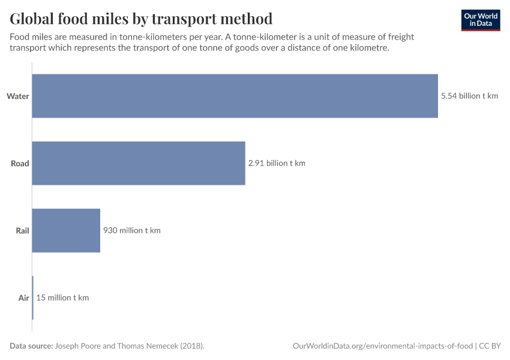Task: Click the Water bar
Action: coord(235,96)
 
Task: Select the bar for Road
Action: coord(139,163)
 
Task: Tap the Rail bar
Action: coord(66,230)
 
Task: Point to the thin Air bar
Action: coord(32,298)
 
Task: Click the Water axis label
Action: coord(18,96)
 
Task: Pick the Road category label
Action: coord(20,163)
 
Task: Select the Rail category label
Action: coord(22,230)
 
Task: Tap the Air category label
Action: coord(23,298)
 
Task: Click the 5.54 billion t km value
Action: coord(469,96)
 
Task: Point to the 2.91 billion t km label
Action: coord(277,163)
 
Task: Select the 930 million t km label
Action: coord(131,230)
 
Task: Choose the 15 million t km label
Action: coord(62,298)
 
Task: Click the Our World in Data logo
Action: coord(481,20)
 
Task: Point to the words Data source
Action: coord(31,346)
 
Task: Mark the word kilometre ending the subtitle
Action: coord(368,48)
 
